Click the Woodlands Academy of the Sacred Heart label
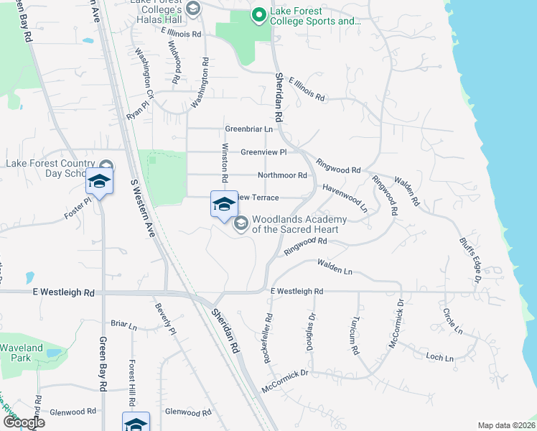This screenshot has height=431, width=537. (299, 224)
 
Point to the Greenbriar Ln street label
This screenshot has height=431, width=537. (249, 129)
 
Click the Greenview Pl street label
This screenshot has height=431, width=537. (263, 152)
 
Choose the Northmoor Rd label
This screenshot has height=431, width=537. (282, 175)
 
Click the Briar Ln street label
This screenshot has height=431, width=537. (123, 325)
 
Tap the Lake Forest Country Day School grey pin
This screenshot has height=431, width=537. (107, 164)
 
